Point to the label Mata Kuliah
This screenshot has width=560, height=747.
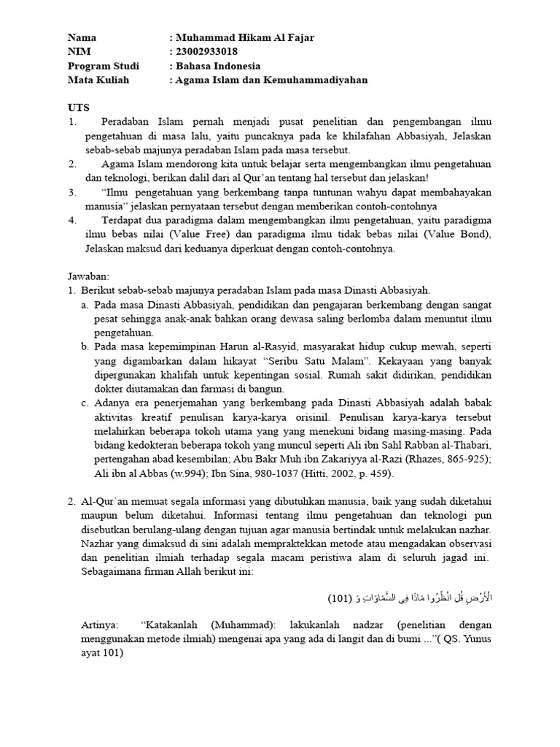[98, 80]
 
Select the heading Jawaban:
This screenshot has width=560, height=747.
[87, 276]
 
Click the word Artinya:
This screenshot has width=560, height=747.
[101, 626]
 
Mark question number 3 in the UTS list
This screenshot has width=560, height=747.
[71, 192]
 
